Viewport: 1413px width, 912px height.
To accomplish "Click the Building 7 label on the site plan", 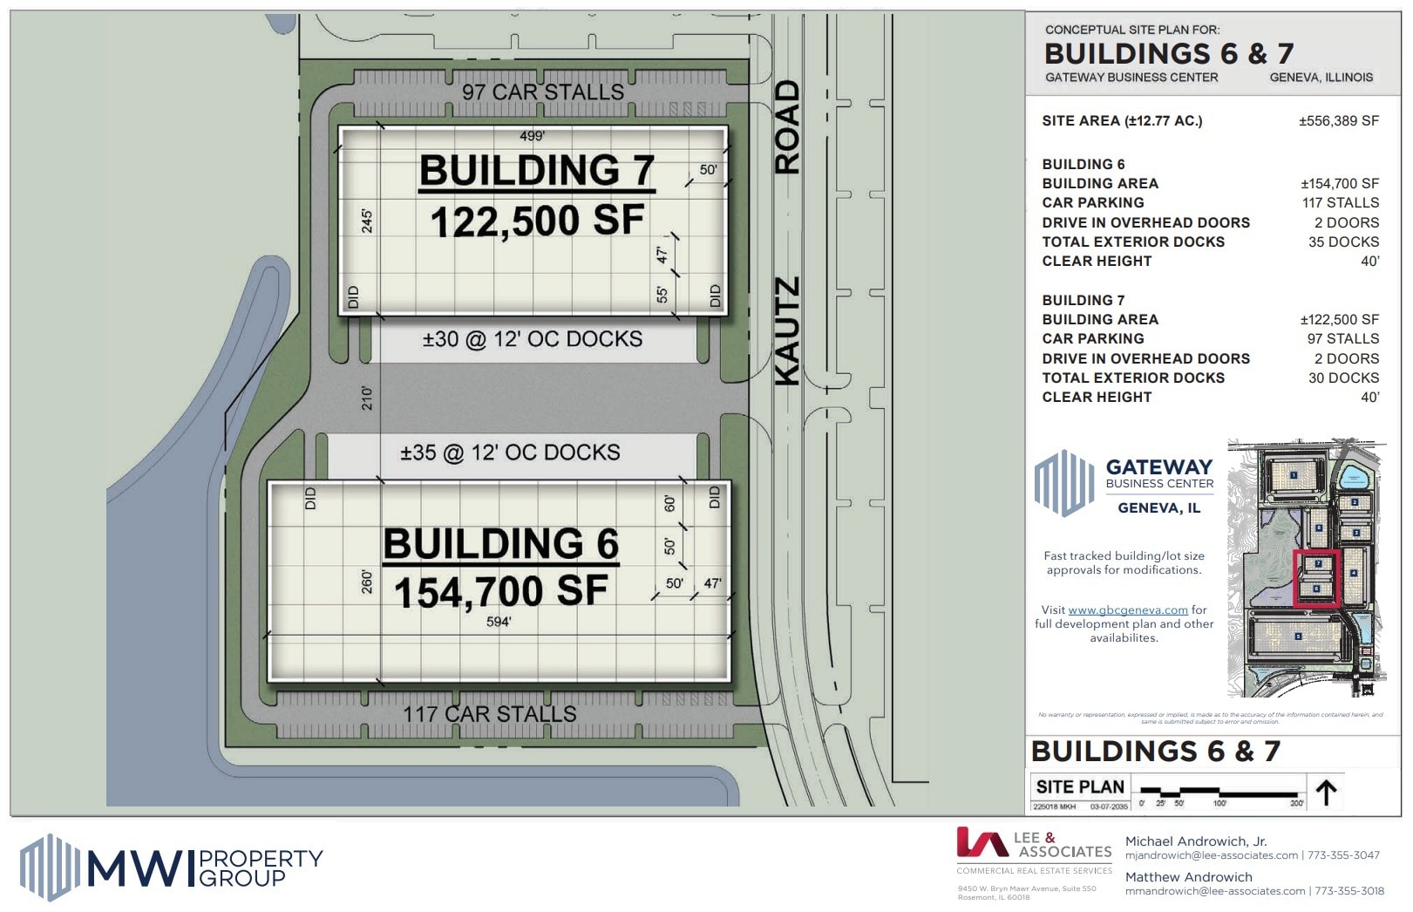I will (536, 170).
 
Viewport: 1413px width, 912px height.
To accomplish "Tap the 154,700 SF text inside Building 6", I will (500, 592).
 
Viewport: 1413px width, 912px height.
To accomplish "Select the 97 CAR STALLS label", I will (542, 92).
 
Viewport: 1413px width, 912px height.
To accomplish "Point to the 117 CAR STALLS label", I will (489, 714).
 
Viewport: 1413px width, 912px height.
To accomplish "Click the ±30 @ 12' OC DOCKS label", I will (532, 339).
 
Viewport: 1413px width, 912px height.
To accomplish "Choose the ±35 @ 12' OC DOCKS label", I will (510, 453).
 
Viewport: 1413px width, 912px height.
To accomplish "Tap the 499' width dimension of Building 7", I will (532, 136).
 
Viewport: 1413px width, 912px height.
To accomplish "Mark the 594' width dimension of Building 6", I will (499, 622).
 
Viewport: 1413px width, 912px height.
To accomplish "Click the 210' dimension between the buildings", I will (367, 398).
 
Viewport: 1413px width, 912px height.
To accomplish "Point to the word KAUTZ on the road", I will (787, 331).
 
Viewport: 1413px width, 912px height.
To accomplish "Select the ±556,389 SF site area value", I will (1338, 121).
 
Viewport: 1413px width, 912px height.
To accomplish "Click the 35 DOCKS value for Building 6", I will (1343, 242).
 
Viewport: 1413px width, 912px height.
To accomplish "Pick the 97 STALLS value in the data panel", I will (1342, 338).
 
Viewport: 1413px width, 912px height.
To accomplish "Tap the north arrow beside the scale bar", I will (1326, 793).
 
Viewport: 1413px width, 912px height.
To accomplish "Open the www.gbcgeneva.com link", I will (1127, 610).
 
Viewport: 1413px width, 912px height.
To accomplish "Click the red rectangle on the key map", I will (1316, 577).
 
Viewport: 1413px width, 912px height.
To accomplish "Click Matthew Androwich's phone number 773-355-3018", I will (1348, 891).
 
